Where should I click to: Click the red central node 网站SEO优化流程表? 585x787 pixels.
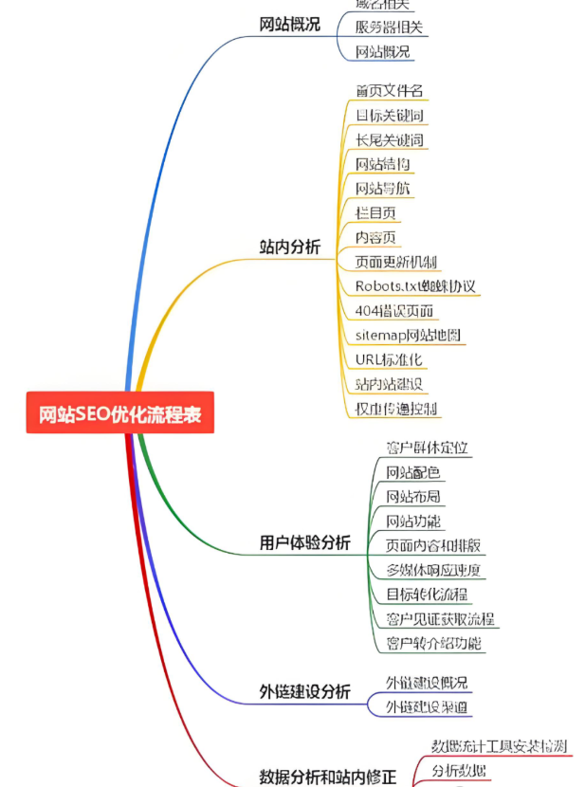click(x=119, y=415)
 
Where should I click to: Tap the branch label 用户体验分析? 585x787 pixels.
click(x=304, y=543)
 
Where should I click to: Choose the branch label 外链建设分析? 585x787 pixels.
click(x=304, y=692)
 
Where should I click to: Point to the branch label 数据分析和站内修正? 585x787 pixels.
click(x=327, y=777)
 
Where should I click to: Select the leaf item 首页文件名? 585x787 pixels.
click(x=389, y=91)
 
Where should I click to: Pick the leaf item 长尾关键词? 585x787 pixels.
click(x=389, y=140)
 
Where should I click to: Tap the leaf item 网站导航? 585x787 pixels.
click(x=383, y=189)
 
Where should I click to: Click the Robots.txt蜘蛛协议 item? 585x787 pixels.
click(x=415, y=286)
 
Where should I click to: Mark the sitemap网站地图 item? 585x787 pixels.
click(x=410, y=336)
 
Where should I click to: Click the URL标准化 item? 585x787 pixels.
click(x=389, y=360)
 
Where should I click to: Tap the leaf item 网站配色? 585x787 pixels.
click(x=412, y=472)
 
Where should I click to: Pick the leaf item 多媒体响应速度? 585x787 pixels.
click(x=433, y=570)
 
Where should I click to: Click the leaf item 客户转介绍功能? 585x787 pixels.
click(x=433, y=644)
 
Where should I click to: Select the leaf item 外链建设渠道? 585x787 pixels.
click(x=427, y=707)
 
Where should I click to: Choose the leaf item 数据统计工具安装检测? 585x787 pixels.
click(x=499, y=746)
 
